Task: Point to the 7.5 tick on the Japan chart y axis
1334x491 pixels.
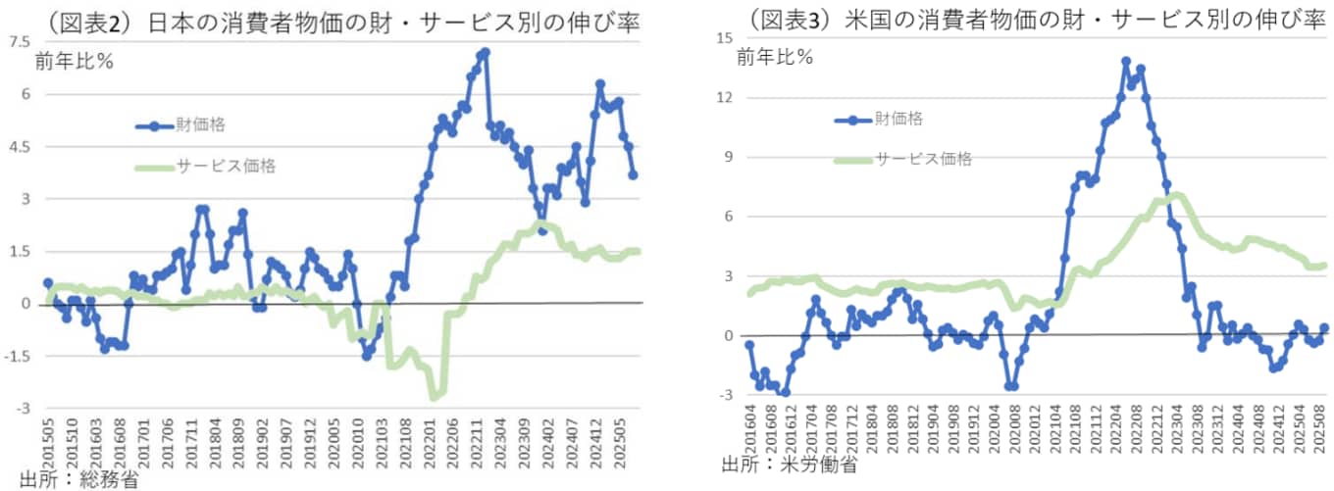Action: pos(19,42)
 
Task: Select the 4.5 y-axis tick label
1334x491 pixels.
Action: pos(19,146)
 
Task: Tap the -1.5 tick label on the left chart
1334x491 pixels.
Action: pos(17,356)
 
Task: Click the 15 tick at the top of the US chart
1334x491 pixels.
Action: pos(726,38)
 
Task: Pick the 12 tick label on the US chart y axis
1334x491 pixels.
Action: pos(726,98)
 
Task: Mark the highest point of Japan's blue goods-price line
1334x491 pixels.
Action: pos(486,51)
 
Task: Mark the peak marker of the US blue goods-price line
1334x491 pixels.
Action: pos(1125,61)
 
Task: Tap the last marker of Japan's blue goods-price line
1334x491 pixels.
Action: pos(634,175)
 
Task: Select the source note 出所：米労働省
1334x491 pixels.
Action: pos(789,463)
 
